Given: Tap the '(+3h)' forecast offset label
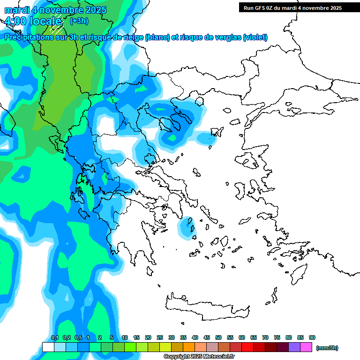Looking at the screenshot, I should point(79,21).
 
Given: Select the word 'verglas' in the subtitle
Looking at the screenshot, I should point(223,37).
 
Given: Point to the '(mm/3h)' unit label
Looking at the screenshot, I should point(327,348).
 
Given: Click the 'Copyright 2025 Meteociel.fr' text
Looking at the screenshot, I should point(199,356).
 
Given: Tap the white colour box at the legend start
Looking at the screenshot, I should point(48,347).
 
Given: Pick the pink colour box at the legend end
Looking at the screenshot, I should point(307,347).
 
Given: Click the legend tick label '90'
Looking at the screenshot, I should point(312,337).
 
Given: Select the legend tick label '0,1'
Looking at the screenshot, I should point(54,337).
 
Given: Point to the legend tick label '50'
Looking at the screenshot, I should point(218,337).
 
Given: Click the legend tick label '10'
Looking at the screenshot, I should point(125,337).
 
